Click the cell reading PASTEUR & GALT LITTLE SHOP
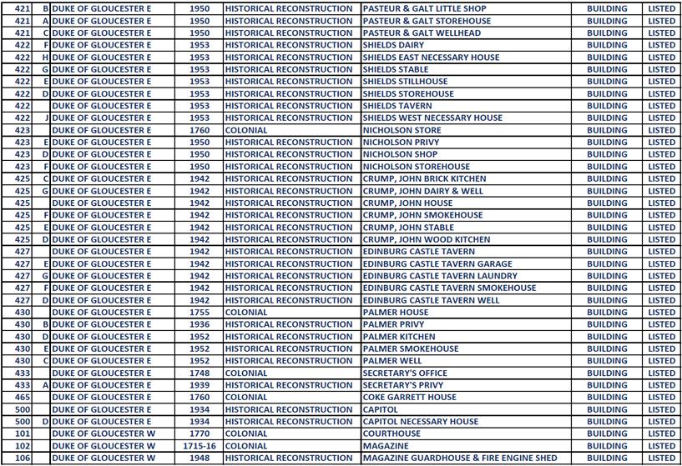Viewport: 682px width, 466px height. [424, 8]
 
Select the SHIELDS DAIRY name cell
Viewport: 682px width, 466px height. [393, 45]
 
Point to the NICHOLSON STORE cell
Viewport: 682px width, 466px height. [402, 130]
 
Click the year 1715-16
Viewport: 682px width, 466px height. [200, 446]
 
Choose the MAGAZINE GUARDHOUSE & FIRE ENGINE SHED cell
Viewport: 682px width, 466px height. [460, 458]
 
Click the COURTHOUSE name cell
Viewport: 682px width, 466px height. [392, 433]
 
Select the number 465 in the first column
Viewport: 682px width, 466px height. [23, 397]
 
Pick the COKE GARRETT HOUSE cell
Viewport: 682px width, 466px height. [409, 397]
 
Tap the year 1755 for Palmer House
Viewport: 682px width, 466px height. [200, 312]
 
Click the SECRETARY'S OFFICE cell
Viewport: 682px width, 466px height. [404, 373]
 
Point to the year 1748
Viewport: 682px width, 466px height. [200, 373]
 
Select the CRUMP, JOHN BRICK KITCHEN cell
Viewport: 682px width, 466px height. [424, 178]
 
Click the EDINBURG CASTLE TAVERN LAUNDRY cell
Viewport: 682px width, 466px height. [439, 276]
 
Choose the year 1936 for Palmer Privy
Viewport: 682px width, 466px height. [200, 324]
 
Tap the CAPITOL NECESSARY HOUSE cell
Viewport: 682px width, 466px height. [420, 421]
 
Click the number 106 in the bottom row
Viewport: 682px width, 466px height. [23, 458]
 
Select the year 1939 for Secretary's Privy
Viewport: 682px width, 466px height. [200, 385]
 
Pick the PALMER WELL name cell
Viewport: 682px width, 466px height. [393, 361]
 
